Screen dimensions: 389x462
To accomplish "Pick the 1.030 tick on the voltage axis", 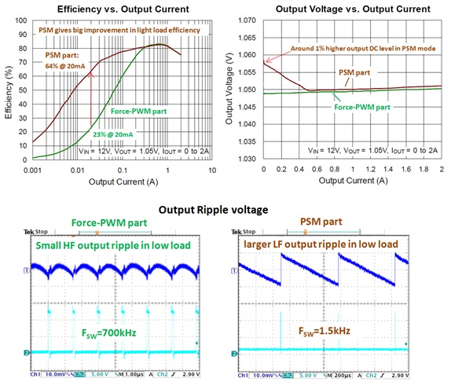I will click(251, 161).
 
